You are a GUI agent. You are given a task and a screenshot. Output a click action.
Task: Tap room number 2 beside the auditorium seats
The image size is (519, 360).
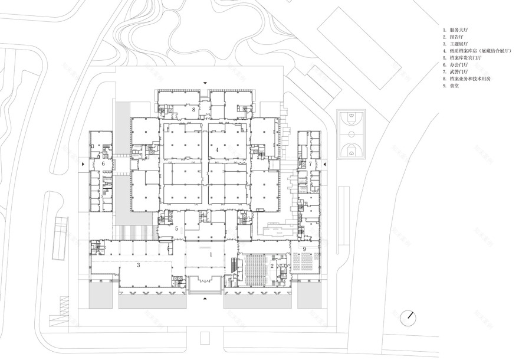coord(272,266)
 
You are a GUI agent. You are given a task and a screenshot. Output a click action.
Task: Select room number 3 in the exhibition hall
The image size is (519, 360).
coord(138,266)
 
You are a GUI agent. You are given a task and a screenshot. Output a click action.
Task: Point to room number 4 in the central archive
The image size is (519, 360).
coord(217,150)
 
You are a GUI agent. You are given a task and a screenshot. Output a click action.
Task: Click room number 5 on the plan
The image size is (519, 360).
coord(176,228)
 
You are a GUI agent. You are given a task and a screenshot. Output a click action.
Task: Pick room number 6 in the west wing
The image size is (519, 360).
coord(103,163)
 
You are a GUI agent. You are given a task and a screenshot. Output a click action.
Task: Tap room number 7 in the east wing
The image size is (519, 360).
coord(310,163)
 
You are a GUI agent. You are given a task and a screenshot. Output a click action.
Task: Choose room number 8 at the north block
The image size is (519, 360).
coord(193,110)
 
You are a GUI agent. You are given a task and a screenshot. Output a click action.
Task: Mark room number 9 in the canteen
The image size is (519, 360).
coord(304,250)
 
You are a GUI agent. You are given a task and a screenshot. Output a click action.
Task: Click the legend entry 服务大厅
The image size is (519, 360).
coord(459,29)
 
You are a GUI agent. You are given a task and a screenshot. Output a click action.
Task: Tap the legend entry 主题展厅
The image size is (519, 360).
coord(459,44)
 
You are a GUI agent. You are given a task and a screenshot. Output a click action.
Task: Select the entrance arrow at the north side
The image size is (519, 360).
coord(205,83)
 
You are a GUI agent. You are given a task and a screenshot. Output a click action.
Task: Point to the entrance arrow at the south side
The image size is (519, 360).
coord(205,299)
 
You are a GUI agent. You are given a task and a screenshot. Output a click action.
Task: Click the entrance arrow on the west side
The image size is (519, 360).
coord(83,163)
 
